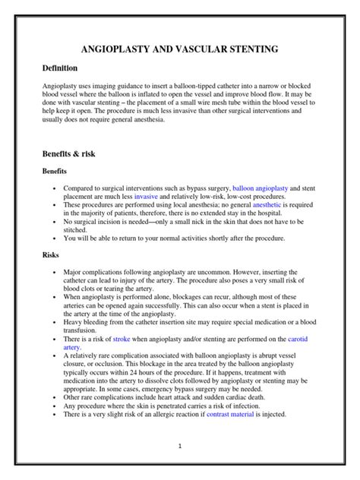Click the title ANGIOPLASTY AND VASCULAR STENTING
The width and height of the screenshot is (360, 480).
(180, 49)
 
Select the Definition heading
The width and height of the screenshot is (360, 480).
(65, 68)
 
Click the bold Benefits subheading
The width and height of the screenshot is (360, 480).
(60, 172)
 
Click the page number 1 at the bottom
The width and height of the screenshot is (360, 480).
(180, 447)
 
